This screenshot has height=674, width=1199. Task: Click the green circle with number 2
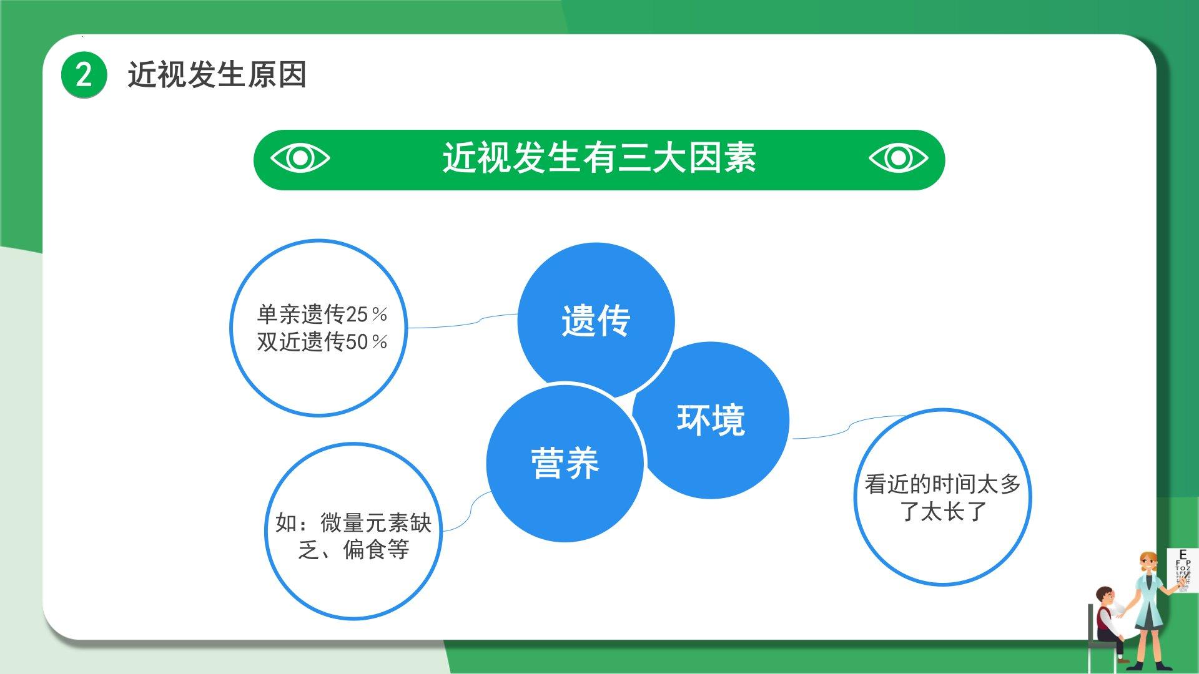[x=84, y=75]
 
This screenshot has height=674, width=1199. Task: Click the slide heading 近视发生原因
[x=217, y=75]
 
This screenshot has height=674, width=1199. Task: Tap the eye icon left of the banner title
[x=300, y=158]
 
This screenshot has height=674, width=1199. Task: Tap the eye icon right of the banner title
[x=899, y=158]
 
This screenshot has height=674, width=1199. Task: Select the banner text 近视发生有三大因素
[x=599, y=157]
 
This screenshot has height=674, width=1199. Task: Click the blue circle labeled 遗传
[x=596, y=320]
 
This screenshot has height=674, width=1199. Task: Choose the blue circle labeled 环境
[x=712, y=420]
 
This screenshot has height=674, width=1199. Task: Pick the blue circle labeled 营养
[x=565, y=463]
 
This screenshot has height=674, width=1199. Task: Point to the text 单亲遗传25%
[x=322, y=314]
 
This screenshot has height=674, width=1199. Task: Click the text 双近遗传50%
[x=322, y=341]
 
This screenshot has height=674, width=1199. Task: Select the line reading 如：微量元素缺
[x=353, y=522]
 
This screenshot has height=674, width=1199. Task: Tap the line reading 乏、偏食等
[x=353, y=550]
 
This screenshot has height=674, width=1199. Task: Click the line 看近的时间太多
[x=943, y=484]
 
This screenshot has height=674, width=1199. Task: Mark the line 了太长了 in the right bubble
[x=943, y=511]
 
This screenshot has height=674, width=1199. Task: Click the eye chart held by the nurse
[x=1183, y=570]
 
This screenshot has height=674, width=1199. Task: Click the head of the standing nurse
[x=1148, y=564]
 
